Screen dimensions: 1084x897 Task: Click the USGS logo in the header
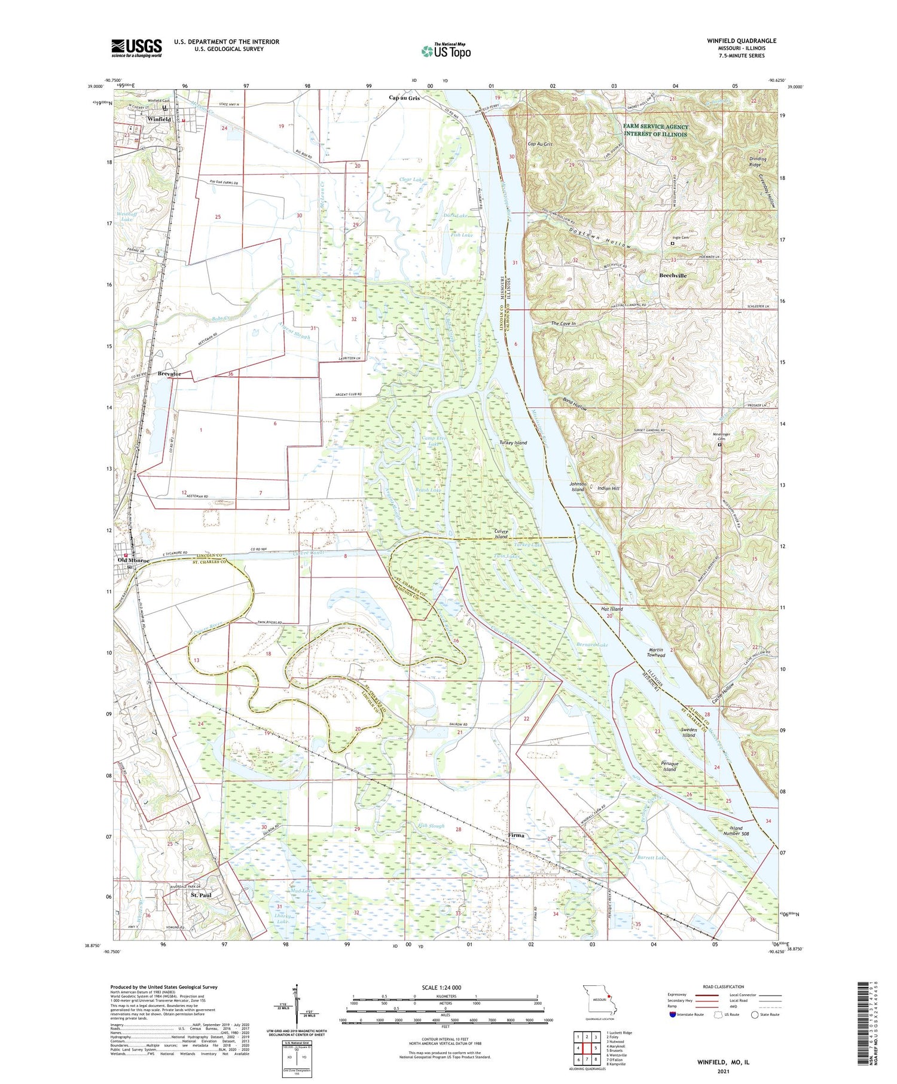click(136, 48)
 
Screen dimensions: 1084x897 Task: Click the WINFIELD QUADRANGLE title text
click(741, 41)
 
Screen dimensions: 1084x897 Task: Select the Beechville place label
click(673, 276)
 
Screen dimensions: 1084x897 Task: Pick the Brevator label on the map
click(169, 374)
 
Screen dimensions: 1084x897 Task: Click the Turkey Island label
click(513, 443)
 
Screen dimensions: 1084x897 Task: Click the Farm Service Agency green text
click(655, 130)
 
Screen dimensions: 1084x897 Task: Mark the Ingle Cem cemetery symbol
click(672, 243)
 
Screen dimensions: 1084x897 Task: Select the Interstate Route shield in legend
click(673, 1015)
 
